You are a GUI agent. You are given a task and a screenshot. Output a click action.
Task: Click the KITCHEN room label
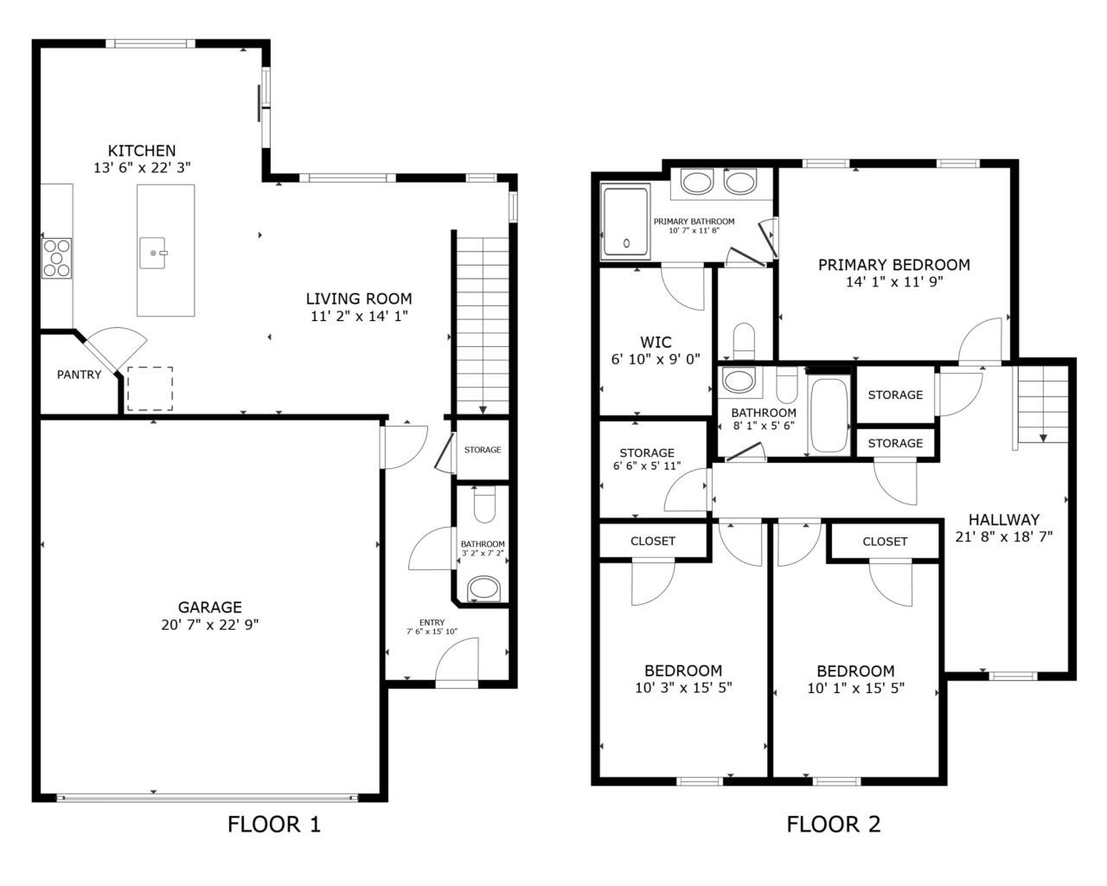point(142,151)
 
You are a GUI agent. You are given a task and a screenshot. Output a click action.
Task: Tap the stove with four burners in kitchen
point(57,258)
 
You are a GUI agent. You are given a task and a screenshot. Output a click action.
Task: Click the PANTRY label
point(79,375)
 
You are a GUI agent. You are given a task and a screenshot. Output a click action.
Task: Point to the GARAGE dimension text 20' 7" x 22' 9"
point(210,624)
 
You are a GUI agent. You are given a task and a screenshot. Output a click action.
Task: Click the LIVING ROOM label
point(359,299)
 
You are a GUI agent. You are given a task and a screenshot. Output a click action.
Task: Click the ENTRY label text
point(432,622)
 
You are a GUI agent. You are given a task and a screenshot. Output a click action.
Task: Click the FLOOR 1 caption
point(273,824)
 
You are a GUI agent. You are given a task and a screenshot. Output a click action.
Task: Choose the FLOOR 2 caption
point(833,824)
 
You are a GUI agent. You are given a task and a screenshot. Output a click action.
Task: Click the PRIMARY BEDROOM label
point(893,265)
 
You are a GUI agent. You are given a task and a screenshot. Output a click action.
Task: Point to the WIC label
point(656,343)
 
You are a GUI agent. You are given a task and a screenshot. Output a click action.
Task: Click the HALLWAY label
point(1003,520)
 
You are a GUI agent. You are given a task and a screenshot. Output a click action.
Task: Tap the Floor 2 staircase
point(1042,404)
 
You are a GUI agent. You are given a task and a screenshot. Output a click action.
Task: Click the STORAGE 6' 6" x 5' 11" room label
point(647,453)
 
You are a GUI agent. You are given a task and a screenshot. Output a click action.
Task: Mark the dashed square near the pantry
point(150,388)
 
